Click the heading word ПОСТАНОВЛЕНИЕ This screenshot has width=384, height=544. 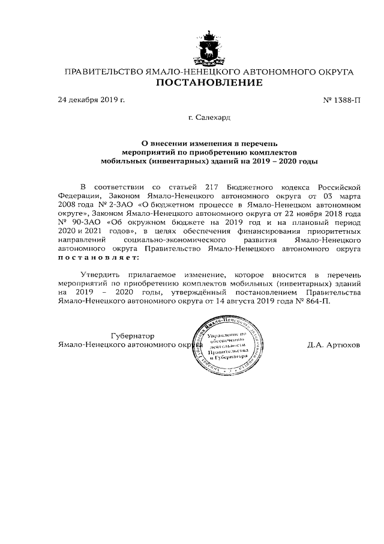click(209, 83)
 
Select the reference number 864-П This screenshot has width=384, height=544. click(318, 302)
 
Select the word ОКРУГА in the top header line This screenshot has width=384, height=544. click(332, 72)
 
